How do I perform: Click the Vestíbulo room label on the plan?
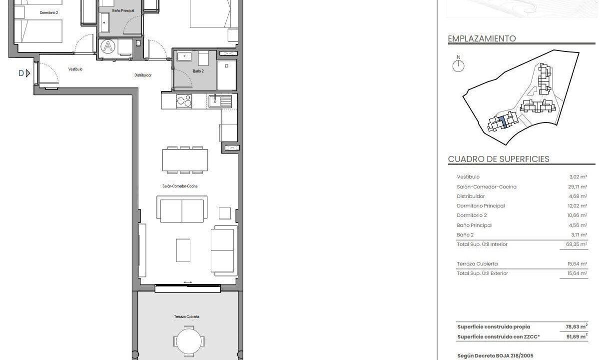click(75, 69)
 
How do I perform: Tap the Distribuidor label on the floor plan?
click(143, 75)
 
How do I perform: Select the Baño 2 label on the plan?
click(198, 71)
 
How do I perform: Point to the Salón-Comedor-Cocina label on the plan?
click(180, 186)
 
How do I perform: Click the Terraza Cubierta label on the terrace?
click(186, 316)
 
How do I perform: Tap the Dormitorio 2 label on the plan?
click(49, 12)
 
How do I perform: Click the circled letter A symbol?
click(108, 46)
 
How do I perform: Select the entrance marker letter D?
click(21, 73)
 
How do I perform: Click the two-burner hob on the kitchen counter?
click(184, 101)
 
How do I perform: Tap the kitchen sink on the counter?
click(220, 101)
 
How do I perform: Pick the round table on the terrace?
click(189, 341)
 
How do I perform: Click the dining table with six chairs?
click(185, 160)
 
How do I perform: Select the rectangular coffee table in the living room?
click(183, 250)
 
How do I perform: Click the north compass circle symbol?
click(458, 66)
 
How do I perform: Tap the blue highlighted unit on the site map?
click(503, 122)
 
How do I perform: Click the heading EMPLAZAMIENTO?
click(482, 38)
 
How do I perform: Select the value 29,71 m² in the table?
click(578, 186)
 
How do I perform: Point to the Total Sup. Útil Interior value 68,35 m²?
click(577, 244)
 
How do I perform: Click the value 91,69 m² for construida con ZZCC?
click(577, 336)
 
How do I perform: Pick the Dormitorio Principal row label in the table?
click(481, 206)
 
